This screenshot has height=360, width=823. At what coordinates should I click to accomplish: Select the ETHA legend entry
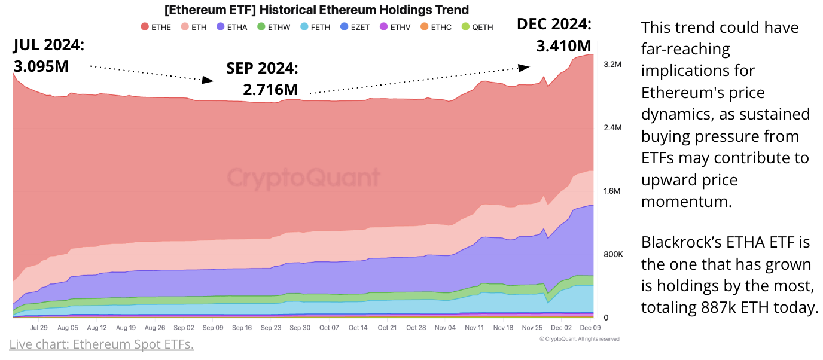pyautogui.click(x=232, y=27)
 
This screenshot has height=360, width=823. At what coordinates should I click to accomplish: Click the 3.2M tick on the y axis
pyautogui.click(x=612, y=64)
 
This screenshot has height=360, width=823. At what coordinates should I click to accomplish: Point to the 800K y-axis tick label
pyautogui.click(x=613, y=255)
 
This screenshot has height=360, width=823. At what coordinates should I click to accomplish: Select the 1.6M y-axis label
pyautogui.click(x=612, y=191)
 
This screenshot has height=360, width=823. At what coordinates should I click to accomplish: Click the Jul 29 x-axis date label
pyautogui.click(x=39, y=328)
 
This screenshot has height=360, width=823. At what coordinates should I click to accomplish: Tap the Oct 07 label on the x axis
pyautogui.click(x=329, y=328)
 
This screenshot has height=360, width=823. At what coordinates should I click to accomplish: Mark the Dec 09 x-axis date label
pyautogui.click(x=590, y=328)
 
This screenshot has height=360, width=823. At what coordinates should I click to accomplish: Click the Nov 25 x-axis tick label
pyautogui.click(x=532, y=328)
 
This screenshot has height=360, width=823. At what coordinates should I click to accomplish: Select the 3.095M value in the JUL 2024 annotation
pyautogui.click(x=41, y=65)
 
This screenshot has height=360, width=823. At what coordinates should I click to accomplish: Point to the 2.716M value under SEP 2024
pyautogui.click(x=270, y=90)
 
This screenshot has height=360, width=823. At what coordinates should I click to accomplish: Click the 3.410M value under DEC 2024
pyautogui.click(x=563, y=45)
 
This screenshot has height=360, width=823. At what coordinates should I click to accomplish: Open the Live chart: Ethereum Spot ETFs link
pyautogui.click(x=102, y=344)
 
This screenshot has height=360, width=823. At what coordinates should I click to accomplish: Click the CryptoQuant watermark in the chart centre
pyautogui.click(x=304, y=178)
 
